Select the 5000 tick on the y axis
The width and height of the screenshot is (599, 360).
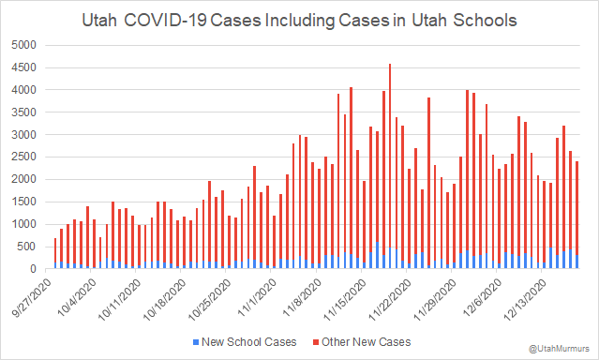[x=25, y=45]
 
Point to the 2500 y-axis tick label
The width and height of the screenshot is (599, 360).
[x=25, y=157]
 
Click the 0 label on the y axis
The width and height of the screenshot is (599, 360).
[x=35, y=269]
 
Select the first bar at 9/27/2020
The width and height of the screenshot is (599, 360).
[x=55, y=253]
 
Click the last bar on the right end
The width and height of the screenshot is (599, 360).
[x=577, y=216]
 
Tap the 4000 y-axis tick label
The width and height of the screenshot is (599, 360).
[x=25, y=90]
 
